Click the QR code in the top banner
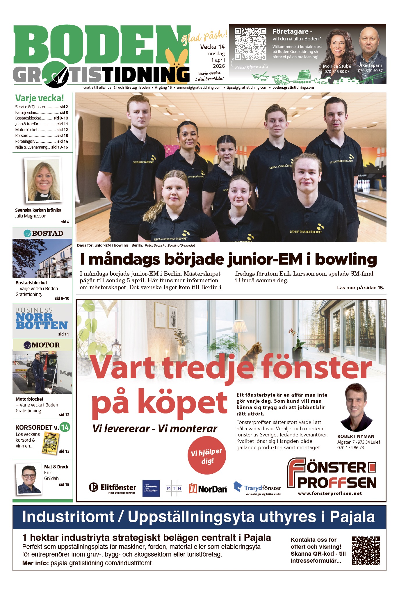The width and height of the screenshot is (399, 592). tap(250, 44)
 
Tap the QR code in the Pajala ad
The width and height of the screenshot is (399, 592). tap(366, 550)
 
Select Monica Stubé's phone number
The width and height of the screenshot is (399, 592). tap(337, 72)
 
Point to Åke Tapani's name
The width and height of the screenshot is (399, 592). tap(370, 65)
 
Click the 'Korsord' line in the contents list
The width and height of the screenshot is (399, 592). tap(41, 135)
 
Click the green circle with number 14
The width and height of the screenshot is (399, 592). tap(65, 427)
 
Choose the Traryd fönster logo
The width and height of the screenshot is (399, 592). tap(257, 488)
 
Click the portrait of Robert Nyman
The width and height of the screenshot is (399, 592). tap(355, 407)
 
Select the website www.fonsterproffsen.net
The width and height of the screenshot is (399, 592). tap(330, 493)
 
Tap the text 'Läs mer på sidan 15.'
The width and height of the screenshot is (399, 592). tap(360, 288)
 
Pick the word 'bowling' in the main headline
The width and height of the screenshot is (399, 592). tap(346, 259)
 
